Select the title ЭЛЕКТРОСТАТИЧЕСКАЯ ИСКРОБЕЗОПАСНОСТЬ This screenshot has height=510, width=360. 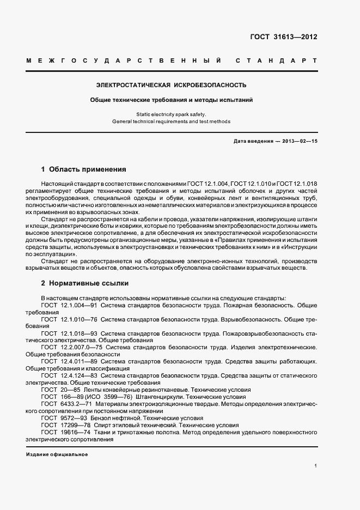[172, 85]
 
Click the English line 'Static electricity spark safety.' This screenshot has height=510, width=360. [172, 114]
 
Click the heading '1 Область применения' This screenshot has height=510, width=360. [83, 169]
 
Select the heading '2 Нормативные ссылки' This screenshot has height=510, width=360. [86, 284]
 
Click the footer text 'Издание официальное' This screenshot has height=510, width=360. [57, 454]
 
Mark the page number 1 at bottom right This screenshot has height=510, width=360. [316, 466]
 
